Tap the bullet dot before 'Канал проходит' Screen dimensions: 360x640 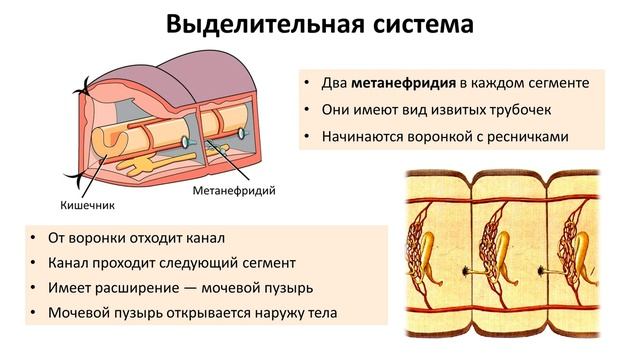pos(34,264)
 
